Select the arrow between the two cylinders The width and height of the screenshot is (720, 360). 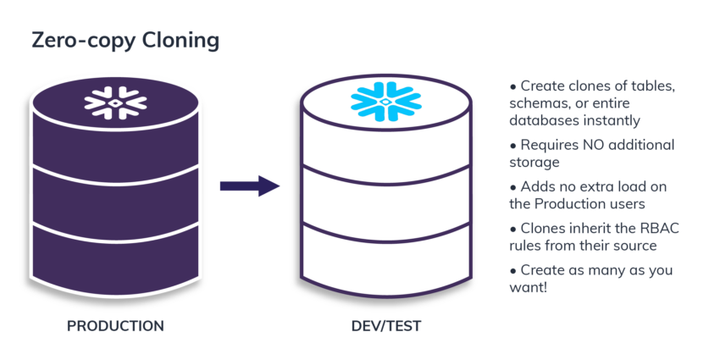coord(250,186)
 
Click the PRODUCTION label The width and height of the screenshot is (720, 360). coord(115,325)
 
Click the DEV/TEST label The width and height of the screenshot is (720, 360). coord(385,325)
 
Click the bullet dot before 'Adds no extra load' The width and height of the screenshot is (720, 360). coord(512,187)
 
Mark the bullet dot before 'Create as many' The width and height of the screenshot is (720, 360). coord(512,270)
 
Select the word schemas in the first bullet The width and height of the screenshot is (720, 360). coord(535,103)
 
